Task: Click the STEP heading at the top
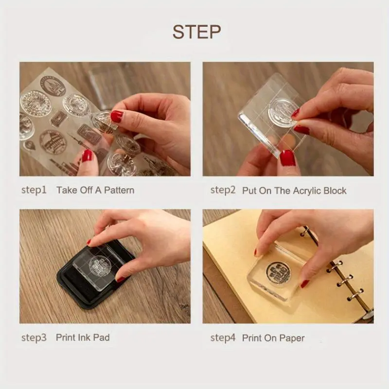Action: [196, 32]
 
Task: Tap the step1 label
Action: [34, 190]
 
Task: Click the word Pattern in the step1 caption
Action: [119, 190]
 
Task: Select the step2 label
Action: [223, 190]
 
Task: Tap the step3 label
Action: [34, 338]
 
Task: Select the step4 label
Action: [223, 338]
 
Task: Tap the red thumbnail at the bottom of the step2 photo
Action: [287, 158]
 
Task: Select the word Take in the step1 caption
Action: [66, 190]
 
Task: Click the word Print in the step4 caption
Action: [252, 338]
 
